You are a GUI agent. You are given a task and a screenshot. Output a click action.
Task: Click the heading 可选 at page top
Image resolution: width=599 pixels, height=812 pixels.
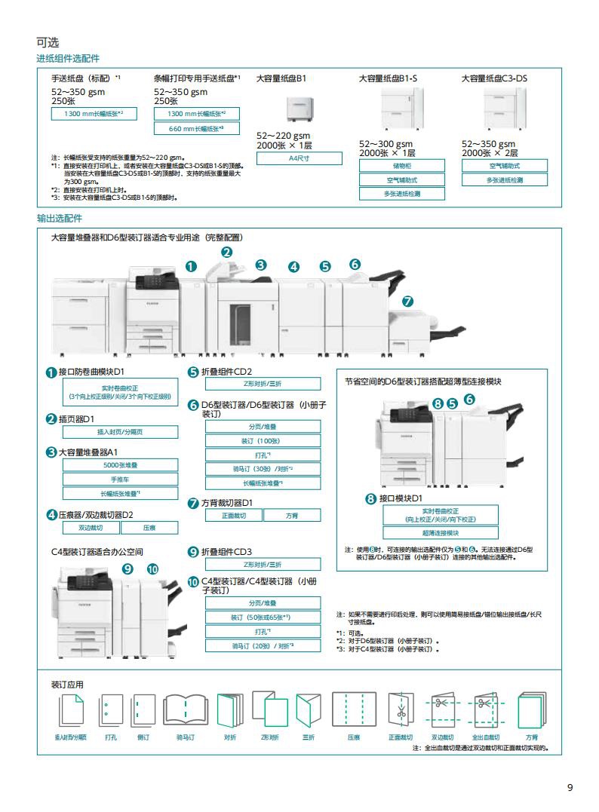[48, 41]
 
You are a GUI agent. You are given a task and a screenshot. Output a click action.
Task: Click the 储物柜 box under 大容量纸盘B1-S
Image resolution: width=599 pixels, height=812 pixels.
[402, 165]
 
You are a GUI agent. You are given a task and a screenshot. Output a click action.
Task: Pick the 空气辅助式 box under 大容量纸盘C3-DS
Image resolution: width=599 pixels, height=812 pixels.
[505, 165]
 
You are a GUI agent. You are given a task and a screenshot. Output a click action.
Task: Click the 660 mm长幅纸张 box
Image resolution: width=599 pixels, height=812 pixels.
[196, 129]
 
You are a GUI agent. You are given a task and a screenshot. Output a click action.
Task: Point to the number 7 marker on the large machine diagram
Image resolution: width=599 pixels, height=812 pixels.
[407, 301]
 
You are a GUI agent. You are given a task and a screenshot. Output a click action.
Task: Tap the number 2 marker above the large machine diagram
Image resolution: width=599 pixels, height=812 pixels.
[226, 253]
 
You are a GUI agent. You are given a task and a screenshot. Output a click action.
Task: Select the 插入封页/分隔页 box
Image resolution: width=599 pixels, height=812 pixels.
[120, 432]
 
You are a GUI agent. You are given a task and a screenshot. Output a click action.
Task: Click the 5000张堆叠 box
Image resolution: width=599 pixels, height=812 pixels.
[120, 465]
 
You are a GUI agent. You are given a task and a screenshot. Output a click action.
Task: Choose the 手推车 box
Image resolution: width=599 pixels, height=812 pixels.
[120, 479]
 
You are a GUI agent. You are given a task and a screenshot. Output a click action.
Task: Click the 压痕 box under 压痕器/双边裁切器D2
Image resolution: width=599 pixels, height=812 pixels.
[149, 528]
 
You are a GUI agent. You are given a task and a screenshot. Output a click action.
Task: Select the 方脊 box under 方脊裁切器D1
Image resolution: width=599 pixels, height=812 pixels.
[292, 516]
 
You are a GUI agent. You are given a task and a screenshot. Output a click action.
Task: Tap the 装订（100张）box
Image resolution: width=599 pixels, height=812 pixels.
[263, 440]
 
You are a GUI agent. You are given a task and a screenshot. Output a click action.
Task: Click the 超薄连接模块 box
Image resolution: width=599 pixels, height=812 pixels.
[441, 532]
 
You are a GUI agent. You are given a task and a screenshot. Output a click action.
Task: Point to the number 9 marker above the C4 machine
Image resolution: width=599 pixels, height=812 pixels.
[127, 568]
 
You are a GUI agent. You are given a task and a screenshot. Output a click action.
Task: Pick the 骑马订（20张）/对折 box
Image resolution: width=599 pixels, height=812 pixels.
[263, 645]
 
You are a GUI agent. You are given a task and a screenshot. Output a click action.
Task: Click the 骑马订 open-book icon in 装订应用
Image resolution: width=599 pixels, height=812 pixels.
[185, 711]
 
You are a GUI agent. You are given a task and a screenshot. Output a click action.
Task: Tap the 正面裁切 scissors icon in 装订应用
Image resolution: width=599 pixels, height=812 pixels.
[401, 711]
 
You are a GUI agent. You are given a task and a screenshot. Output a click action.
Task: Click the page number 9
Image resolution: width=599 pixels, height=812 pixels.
[570, 788]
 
